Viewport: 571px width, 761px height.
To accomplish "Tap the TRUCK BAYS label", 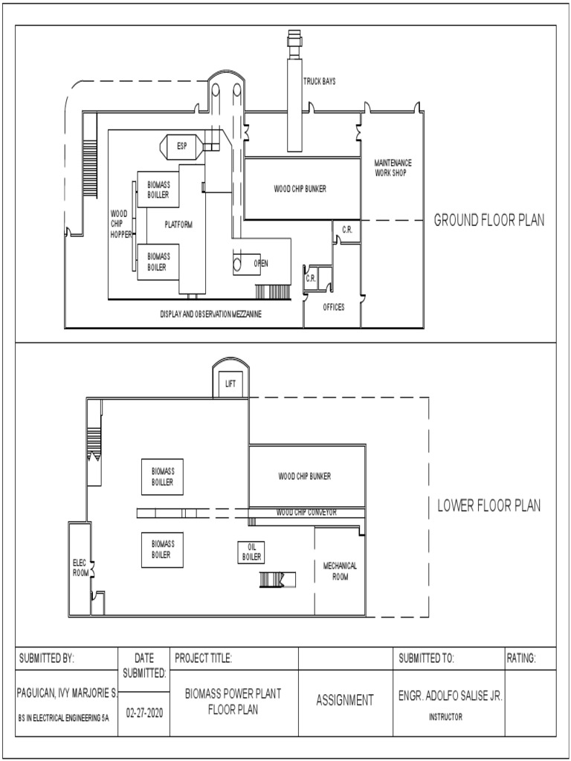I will pos(318,81).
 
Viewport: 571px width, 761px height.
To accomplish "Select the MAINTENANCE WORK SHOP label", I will pos(393,167).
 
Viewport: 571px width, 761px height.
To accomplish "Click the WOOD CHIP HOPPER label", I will pos(119,224).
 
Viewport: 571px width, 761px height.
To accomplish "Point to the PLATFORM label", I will pos(178,224).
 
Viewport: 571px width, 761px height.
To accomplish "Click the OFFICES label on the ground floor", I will pos(334,307).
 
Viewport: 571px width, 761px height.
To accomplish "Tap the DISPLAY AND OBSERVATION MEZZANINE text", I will pos(211,314).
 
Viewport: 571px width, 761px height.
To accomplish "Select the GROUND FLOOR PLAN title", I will pos(489,220).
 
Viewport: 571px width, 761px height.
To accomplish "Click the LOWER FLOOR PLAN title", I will pos(488,506).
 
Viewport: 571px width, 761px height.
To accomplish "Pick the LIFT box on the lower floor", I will pos(230,383).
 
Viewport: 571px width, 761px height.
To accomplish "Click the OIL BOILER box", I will pos(252,552).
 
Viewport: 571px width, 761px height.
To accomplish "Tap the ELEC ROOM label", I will pos(80,568).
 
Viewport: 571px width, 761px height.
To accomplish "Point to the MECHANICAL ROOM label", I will pos(340,571).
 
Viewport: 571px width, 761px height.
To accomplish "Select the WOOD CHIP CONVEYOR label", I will pos(306,512).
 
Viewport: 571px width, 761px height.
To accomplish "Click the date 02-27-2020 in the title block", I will pos(143,711).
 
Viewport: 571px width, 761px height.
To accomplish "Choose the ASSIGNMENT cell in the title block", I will pos(344,700).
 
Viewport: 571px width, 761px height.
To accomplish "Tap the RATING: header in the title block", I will pos(521,658).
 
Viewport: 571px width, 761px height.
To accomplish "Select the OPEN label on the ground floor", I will pos(261,264).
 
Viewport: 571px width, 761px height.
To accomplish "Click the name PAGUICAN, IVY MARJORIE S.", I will pos(67,692).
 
